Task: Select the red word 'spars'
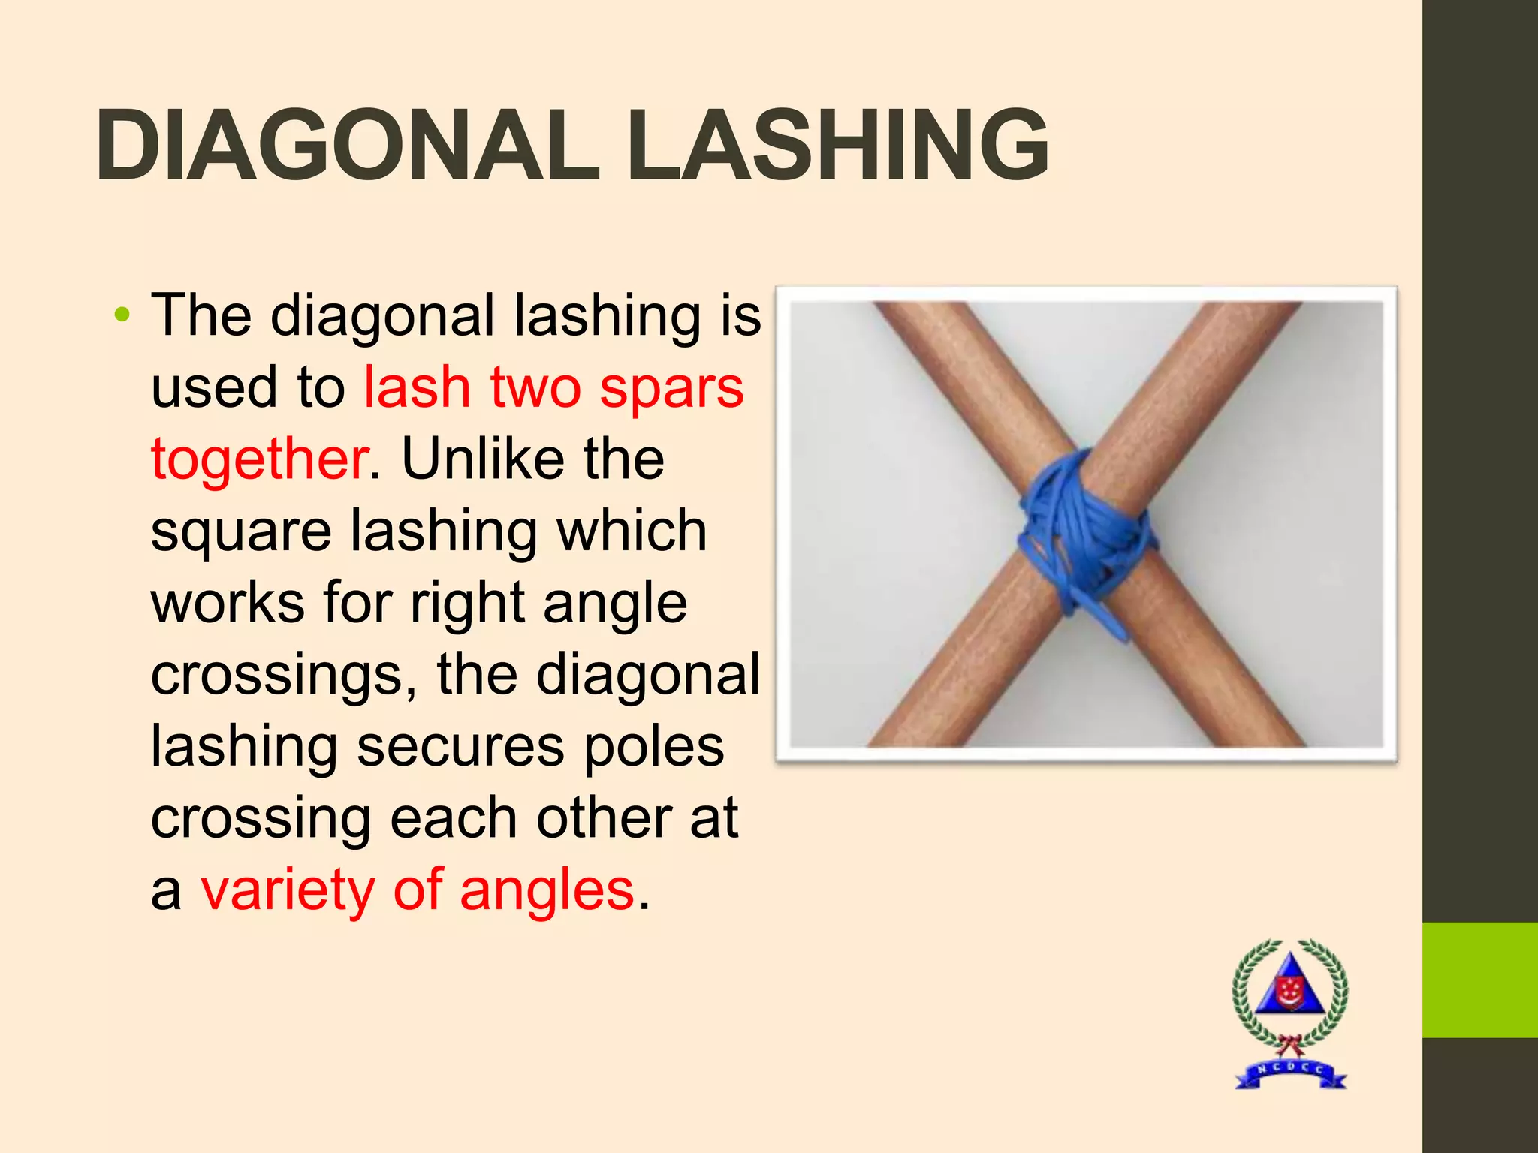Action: tap(671, 389)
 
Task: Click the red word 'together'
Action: tap(260, 459)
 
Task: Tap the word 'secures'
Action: tap(460, 746)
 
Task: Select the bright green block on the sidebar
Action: tap(1479, 980)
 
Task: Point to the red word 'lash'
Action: tap(418, 389)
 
